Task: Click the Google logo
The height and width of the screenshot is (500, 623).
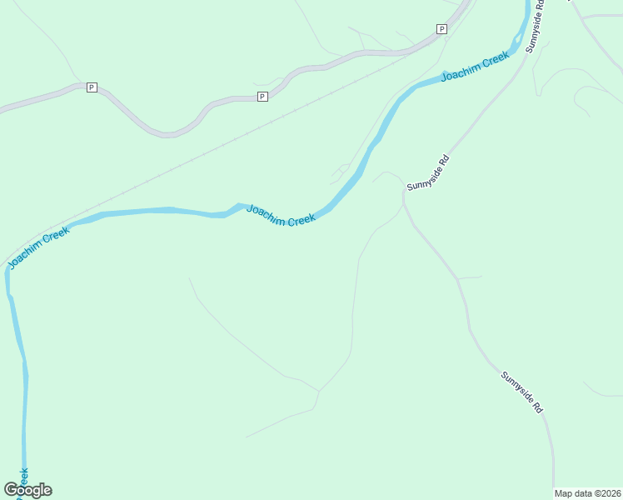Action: point(27,490)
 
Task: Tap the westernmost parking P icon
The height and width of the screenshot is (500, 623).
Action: point(92,87)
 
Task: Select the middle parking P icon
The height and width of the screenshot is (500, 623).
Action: point(262,97)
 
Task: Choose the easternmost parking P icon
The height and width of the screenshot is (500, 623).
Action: point(441,29)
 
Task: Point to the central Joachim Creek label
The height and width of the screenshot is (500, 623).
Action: point(281,215)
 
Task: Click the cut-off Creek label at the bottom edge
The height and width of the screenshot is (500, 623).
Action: point(23,478)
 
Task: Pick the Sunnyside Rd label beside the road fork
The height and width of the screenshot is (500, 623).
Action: point(428,172)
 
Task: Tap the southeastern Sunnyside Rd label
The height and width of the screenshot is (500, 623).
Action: point(522,392)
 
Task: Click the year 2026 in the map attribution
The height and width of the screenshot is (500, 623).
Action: point(606,493)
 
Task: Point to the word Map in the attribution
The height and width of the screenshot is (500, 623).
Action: point(564,493)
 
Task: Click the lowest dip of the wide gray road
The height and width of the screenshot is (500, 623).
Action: point(169,133)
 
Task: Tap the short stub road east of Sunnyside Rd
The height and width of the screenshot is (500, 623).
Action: point(470,277)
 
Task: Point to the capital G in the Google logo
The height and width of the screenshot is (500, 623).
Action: point(11,490)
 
